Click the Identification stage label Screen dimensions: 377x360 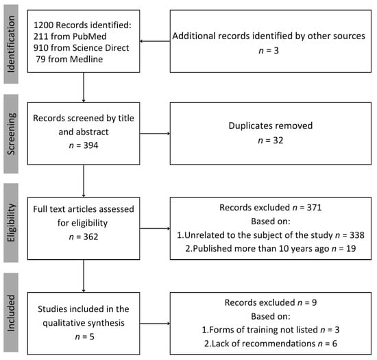(11, 44)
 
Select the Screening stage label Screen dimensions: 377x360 (11, 134)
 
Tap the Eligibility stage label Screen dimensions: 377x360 (11, 223)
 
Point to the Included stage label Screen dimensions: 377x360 (11, 313)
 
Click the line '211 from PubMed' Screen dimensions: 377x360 (70, 36)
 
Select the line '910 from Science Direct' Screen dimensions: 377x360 (82, 47)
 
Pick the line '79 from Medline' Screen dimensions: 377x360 (69, 59)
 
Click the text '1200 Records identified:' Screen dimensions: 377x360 (82, 25)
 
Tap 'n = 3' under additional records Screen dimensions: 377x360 (269, 51)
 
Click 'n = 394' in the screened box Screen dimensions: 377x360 (84, 145)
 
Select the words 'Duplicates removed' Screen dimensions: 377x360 (271, 125)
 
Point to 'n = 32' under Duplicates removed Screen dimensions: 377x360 (271, 140)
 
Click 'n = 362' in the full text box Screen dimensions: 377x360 (84, 237)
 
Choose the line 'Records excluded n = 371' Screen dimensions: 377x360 (271, 207)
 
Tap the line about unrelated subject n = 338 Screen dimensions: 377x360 (271, 235)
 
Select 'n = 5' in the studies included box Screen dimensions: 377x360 (84, 337)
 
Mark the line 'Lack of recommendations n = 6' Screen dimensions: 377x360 (271, 344)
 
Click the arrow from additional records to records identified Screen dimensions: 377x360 (155, 41)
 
